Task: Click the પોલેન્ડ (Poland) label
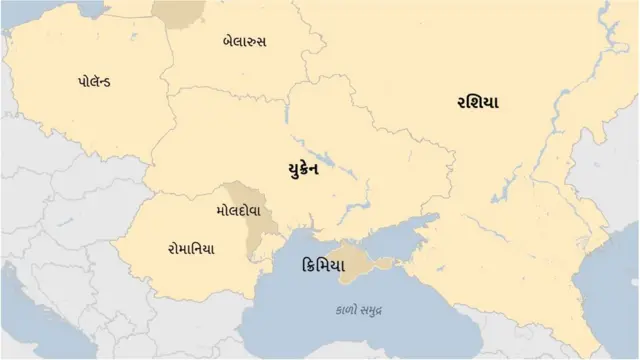93,80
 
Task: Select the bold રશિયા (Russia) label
478,103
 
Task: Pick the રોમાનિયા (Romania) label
190,248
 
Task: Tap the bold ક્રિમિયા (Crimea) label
322,267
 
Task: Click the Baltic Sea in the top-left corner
20,12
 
